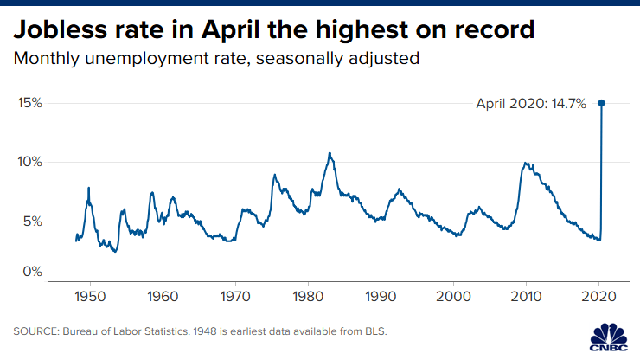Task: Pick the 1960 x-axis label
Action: coord(161,297)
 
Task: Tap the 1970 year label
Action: coord(234,297)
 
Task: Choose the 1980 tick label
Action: coord(307,297)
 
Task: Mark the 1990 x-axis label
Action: coord(381,297)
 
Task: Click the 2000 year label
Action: coord(453,297)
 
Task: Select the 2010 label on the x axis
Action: coord(527,297)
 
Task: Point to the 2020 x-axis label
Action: coord(599,297)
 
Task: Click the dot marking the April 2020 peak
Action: coord(602,103)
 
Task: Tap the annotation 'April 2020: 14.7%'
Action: coord(531,103)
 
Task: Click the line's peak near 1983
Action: coord(330,153)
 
